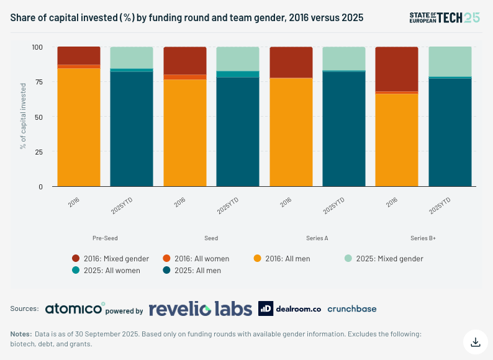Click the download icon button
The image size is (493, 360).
476,342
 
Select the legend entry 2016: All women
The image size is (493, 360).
196,258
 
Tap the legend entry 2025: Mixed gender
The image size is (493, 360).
384,258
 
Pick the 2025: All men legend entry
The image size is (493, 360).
192,271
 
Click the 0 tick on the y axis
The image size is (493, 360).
40,187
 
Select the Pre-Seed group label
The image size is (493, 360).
105,238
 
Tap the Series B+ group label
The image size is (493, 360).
423,238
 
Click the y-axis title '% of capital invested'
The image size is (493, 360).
23,116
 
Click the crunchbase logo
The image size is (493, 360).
352,308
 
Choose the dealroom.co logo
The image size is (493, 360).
289,308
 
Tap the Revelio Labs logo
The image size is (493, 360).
201,308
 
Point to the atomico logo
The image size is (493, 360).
75,308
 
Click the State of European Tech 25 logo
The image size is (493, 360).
445,17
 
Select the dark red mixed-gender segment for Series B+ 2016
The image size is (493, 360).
397,69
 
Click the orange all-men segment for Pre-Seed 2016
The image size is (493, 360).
79,127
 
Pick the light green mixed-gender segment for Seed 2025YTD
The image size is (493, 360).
238,59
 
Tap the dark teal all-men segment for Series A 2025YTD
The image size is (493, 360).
344,129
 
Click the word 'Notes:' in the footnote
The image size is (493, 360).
21,334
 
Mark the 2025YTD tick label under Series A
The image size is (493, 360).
334,205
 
